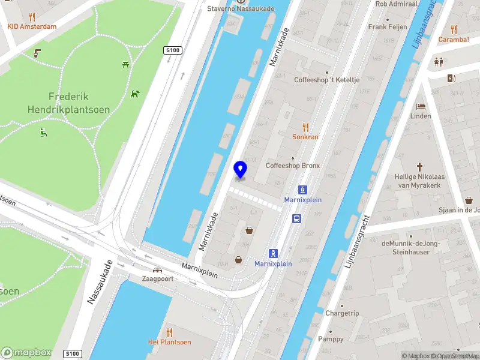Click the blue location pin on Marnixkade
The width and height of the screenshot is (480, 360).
(241, 169)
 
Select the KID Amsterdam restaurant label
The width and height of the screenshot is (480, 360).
(32, 26)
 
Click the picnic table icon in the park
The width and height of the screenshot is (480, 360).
(126, 64)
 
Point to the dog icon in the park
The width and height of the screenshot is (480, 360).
(135, 94)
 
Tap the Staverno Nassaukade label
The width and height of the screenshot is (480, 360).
(240, 8)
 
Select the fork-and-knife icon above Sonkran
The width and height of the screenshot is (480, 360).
(305, 127)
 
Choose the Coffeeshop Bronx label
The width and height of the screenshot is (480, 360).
(293, 166)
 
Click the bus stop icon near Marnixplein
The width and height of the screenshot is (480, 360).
(296, 218)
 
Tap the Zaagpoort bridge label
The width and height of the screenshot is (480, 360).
(158, 279)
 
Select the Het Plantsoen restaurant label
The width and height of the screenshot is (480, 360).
(170, 342)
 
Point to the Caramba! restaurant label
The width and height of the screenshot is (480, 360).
(453, 40)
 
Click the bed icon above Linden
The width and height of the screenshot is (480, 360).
(421, 106)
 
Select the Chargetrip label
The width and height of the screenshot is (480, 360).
(342, 313)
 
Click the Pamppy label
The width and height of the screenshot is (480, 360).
(331, 339)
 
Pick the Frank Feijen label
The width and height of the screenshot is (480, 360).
(388, 27)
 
